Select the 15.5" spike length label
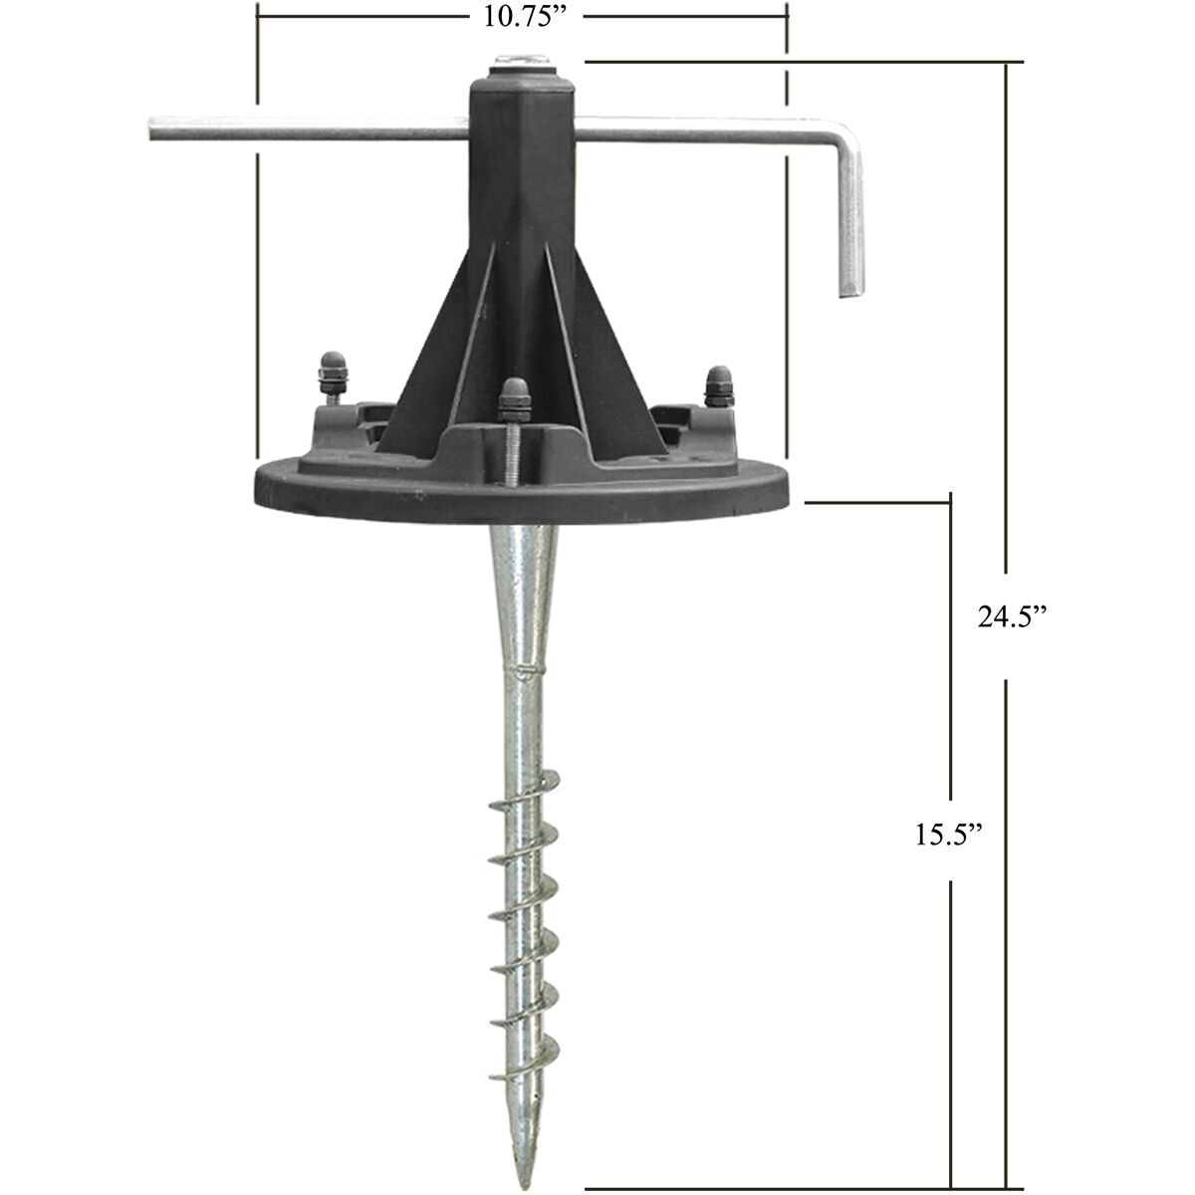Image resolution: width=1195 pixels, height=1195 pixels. (951, 834)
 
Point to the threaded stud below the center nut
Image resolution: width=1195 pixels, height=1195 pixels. (512, 453)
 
